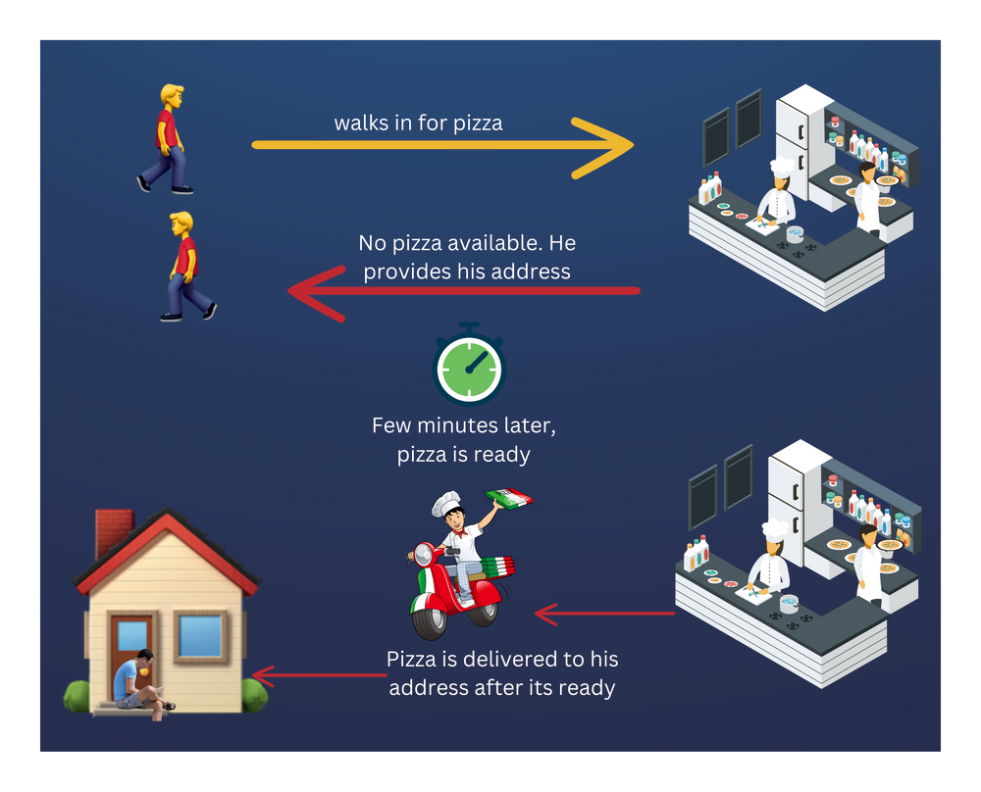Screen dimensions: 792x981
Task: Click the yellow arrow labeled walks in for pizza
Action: [x=441, y=145]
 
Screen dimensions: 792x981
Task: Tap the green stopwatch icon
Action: [x=468, y=371]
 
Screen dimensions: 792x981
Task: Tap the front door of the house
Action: [x=131, y=647]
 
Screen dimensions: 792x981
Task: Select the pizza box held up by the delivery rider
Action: [x=510, y=498]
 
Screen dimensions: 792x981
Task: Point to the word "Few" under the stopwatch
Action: [x=392, y=426]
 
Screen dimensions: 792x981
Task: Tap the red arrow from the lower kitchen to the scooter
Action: [x=603, y=615]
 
